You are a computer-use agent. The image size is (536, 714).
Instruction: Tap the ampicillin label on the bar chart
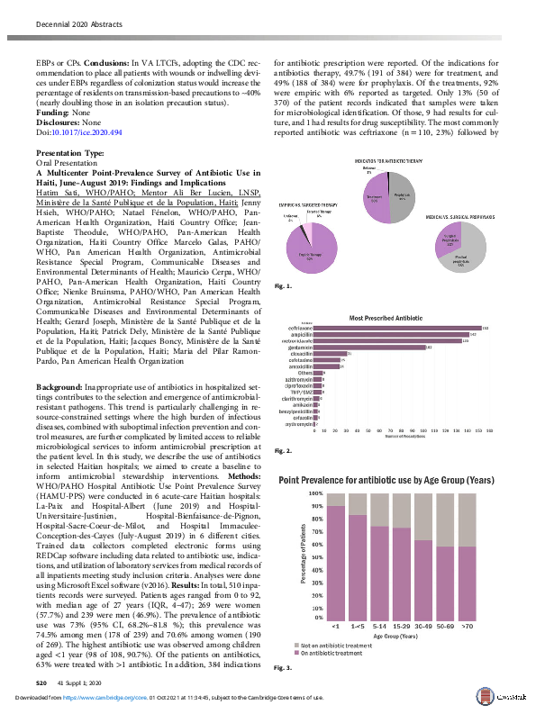click(302, 335)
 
